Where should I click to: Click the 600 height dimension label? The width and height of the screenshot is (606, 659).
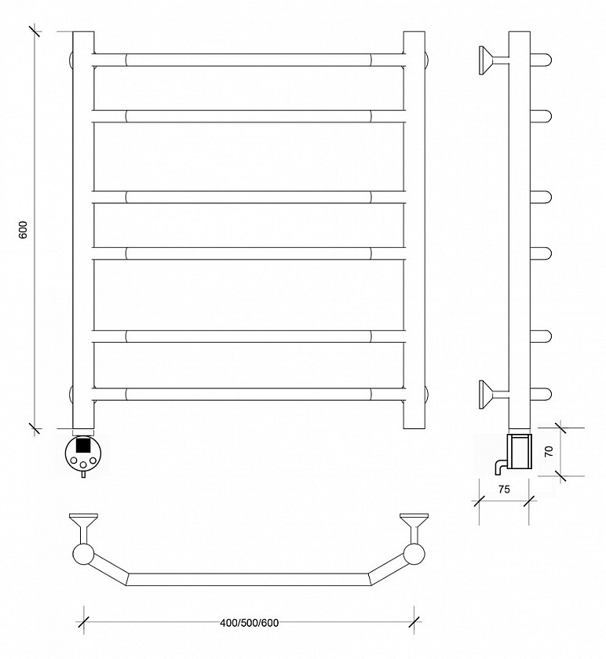(x=24, y=230)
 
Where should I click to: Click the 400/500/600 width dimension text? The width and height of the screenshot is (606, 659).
(x=250, y=622)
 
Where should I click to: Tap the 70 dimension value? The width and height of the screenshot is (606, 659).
(x=549, y=451)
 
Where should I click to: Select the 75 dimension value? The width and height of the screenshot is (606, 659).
(x=504, y=490)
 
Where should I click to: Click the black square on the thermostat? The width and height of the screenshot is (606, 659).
(x=83, y=445)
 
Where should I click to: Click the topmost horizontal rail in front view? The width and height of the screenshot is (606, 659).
(x=249, y=60)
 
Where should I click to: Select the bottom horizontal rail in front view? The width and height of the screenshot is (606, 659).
(x=249, y=394)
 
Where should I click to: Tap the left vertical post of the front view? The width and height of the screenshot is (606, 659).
(x=83, y=230)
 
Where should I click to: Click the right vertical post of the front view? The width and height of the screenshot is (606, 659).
(x=414, y=230)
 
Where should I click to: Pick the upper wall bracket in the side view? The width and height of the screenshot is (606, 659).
(x=492, y=60)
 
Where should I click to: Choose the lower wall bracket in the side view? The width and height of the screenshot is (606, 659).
(x=492, y=394)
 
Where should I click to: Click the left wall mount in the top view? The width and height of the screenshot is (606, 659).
(x=84, y=527)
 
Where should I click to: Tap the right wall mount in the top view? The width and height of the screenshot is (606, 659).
(x=414, y=527)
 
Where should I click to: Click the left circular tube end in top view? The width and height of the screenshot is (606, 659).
(x=83, y=554)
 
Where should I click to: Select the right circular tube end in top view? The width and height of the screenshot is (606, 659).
(x=414, y=554)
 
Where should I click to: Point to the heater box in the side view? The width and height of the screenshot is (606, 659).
(x=520, y=452)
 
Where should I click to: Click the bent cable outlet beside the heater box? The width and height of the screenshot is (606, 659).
(x=501, y=466)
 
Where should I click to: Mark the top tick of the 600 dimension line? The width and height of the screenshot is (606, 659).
(x=35, y=31)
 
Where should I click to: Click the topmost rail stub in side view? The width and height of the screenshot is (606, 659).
(x=541, y=60)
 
